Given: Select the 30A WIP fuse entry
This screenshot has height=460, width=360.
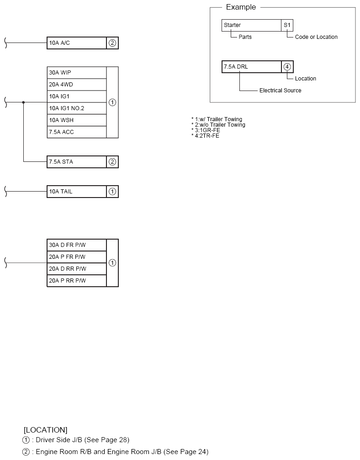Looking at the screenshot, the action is (x=76, y=72).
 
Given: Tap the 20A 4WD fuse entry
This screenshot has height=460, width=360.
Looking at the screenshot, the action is (x=76, y=85).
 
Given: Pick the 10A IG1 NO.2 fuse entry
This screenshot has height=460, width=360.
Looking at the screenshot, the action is (x=76, y=108).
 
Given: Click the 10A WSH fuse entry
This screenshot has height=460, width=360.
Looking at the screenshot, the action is (x=76, y=120).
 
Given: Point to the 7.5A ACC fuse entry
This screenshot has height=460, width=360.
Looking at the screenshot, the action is (x=76, y=132).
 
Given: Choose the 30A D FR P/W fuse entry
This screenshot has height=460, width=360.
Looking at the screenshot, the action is (x=76, y=245).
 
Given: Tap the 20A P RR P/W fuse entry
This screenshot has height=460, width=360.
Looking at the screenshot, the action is (x=76, y=281).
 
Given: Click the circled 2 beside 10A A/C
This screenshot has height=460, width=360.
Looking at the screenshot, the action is (x=112, y=43).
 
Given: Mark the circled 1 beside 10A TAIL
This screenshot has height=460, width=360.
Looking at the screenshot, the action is (x=112, y=192).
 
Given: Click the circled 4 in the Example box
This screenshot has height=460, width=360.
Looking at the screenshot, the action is (x=287, y=67).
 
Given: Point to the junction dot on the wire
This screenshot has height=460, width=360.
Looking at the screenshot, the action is (x=23, y=102).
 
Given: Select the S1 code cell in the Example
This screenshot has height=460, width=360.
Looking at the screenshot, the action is (x=287, y=25).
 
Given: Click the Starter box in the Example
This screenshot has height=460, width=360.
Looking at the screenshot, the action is (x=251, y=25).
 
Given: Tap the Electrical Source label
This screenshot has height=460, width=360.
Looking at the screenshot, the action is (x=280, y=91).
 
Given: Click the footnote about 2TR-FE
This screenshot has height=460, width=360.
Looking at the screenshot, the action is (x=205, y=135).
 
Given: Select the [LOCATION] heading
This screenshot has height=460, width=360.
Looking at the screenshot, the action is (x=45, y=430).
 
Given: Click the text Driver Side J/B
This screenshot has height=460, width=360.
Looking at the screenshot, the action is (x=59, y=440).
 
